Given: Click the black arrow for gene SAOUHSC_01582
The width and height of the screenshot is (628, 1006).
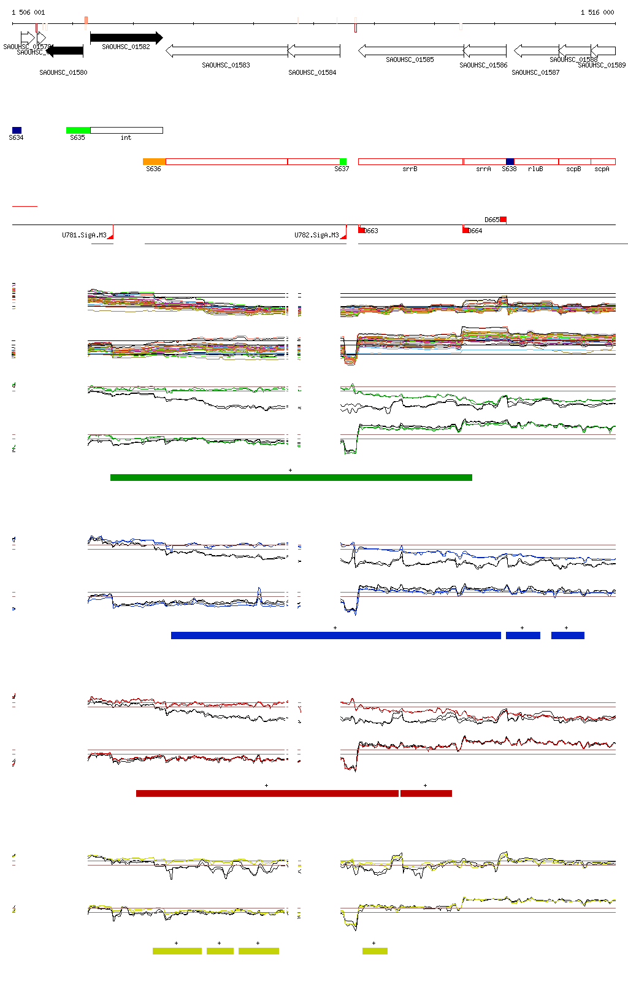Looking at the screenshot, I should pos(126,38).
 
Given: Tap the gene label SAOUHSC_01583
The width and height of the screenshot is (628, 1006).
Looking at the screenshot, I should pos(226,65).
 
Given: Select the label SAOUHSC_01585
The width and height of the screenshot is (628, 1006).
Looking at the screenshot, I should pos(410,60).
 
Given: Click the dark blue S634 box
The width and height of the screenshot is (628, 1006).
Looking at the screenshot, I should pos(17,130).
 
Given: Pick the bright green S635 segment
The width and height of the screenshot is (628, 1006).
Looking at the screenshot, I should pos(78,130).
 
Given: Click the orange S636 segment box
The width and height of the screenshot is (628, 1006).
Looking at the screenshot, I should pos(154,161).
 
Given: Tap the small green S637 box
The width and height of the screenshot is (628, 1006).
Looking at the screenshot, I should pos(343,161).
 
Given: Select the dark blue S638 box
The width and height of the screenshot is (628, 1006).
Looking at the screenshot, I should pos(510,161).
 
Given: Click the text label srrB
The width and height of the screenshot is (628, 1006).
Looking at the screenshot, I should pos(410,169).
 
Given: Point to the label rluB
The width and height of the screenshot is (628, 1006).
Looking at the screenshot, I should pos(535,169).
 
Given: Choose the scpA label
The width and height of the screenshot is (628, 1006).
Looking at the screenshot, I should pos(602,169).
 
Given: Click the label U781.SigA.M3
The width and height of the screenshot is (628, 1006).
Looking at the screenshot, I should pos(84,235).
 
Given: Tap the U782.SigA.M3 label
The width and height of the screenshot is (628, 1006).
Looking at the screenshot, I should pos(316,235).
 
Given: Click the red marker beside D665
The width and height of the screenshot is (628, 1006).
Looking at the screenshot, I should pos(503,219).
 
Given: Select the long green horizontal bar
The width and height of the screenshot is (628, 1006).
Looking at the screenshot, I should pos(291,477).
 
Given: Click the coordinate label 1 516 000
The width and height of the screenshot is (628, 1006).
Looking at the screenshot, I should pos(597,12).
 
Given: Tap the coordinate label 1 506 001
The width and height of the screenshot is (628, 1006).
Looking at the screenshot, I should pos(28,12).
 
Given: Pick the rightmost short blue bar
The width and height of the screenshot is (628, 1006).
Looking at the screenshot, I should pos(567,635).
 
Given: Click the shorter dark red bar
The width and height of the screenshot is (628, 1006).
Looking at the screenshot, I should pos(426,793).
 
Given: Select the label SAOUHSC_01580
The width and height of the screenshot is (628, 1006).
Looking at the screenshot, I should pos(63,72).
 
